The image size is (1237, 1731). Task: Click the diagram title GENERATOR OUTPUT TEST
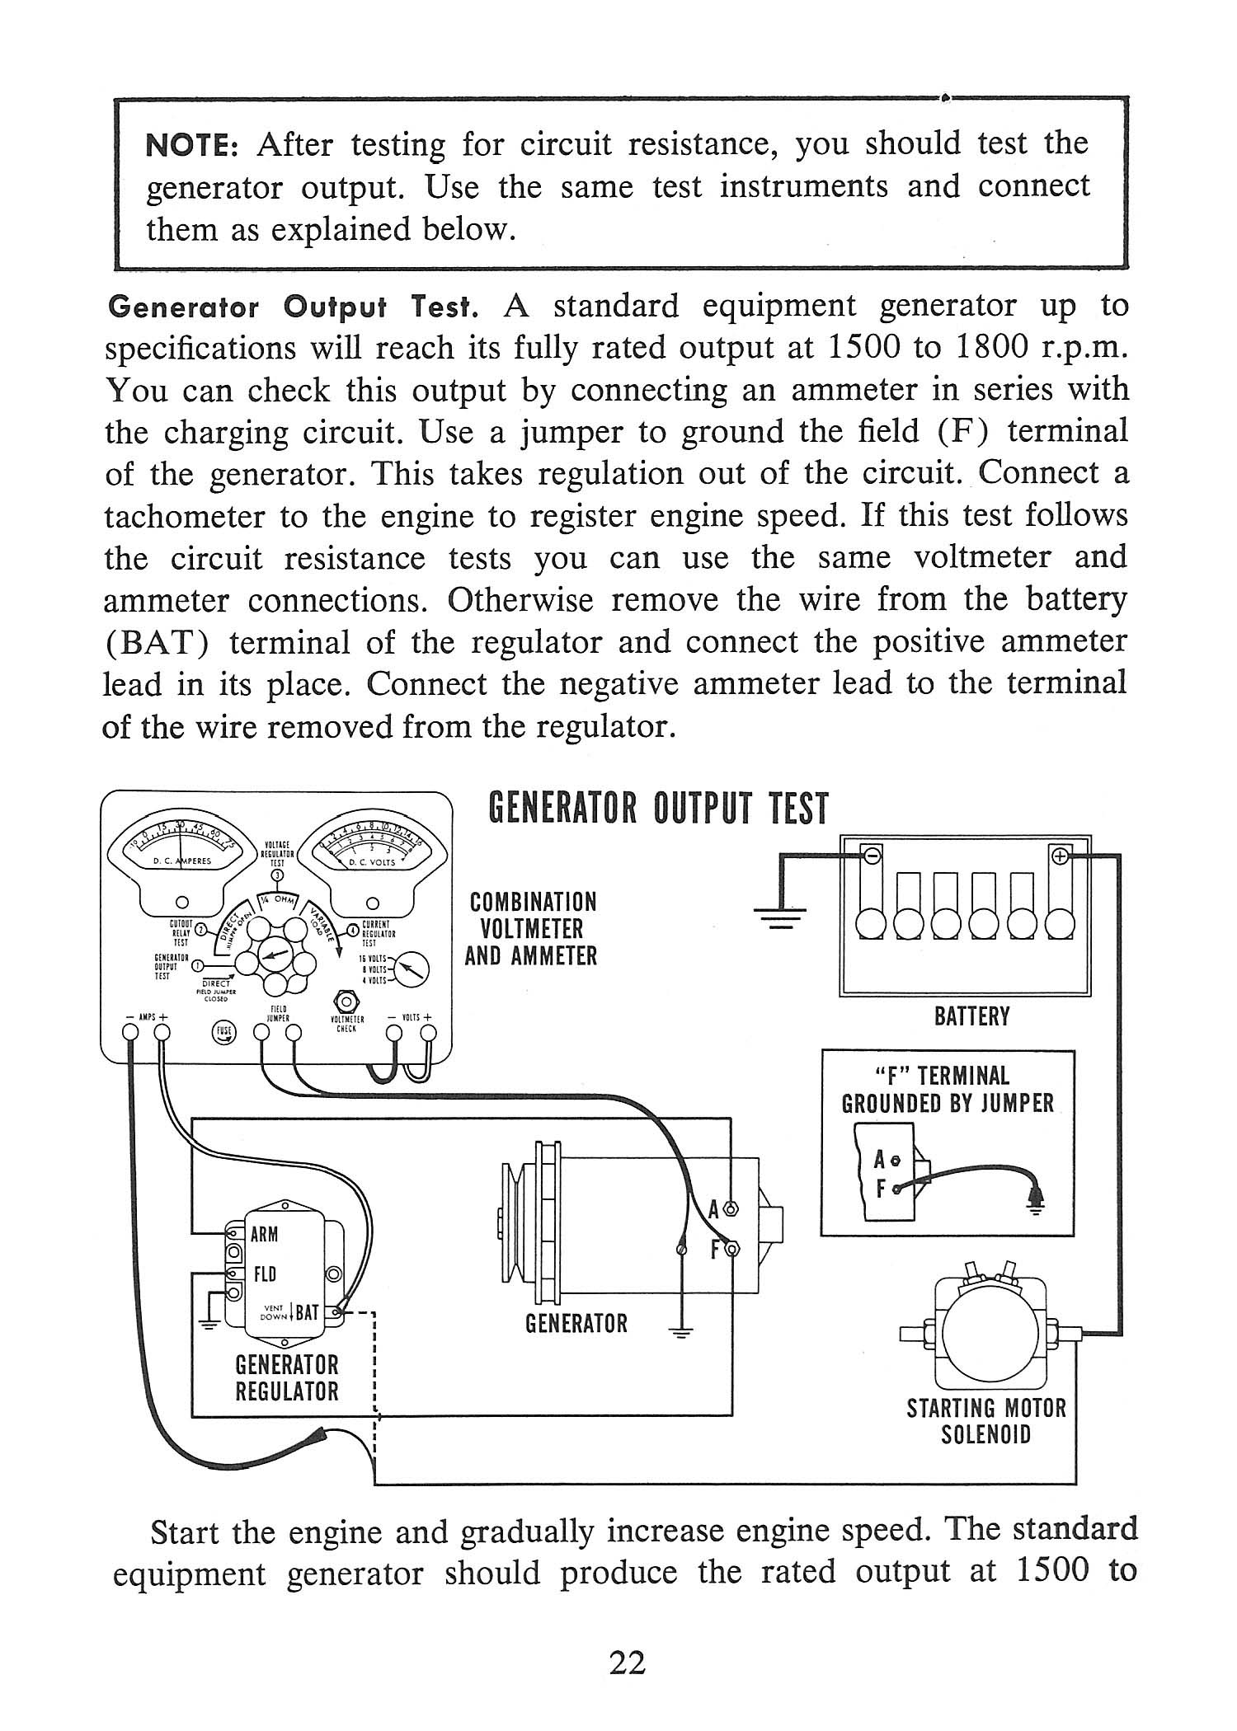[x=657, y=809]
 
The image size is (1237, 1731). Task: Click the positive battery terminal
[x=1059, y=856]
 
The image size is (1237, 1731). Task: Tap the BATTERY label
[x=971, y=1016]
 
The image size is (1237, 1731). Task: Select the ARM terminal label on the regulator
[x=265, y=1234]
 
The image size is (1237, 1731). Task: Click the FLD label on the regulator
[x=265, y=1274]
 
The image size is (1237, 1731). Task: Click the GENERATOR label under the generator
[x=576, y=1324]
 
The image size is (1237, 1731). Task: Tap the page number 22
[x=627, y=1663]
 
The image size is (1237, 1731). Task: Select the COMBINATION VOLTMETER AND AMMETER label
[x=532, y=929]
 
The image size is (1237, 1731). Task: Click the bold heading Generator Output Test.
[x=294, y=307]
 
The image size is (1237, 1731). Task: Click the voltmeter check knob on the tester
[x=346, y=1002]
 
